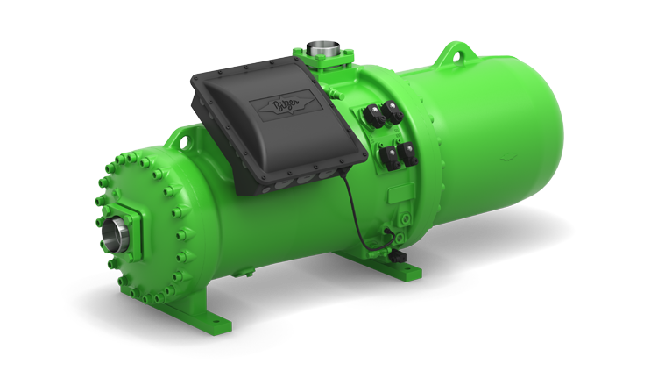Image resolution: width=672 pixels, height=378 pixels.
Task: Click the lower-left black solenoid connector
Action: click(x=386, y=159)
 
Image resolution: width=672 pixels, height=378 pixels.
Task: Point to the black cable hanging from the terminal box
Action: click(x=363, y=202)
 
